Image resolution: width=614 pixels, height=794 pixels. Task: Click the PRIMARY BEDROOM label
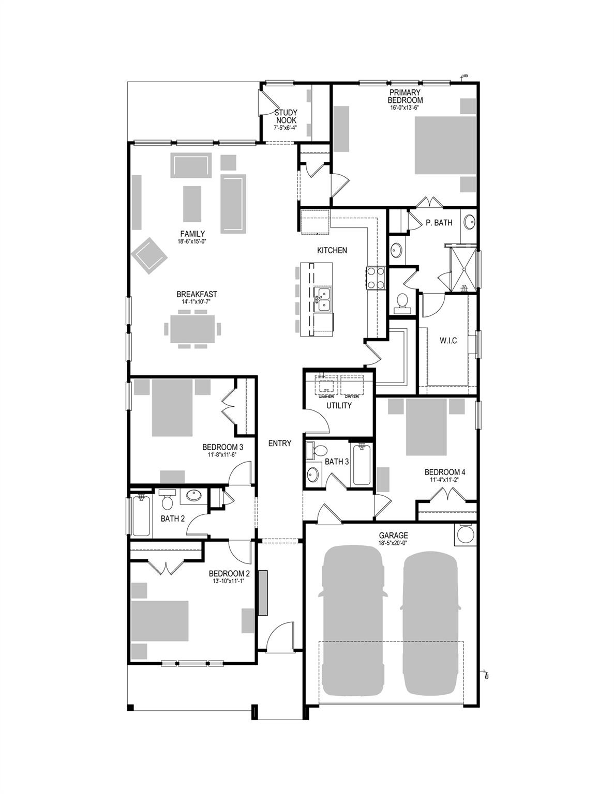point(406,97)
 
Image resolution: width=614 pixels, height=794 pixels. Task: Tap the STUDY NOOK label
point(286,116)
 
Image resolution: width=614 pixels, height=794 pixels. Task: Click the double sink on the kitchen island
point(324,300)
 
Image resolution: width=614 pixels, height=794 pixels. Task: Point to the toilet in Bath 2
point(167,500)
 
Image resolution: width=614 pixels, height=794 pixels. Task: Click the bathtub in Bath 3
point(362,465)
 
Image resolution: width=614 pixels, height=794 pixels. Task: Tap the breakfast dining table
point(192,329)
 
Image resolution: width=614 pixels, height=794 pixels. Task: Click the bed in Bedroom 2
point(159,620)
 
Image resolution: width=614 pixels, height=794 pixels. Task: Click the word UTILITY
point(339,406)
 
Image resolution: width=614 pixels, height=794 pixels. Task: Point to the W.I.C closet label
point(448,341)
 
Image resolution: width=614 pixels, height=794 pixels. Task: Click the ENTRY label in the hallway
point(280,443)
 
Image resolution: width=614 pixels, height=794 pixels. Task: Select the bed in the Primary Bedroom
point(445,145)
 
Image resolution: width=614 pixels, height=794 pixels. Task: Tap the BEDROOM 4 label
point(445,472)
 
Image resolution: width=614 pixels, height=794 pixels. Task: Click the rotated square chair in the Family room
point(149,255)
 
